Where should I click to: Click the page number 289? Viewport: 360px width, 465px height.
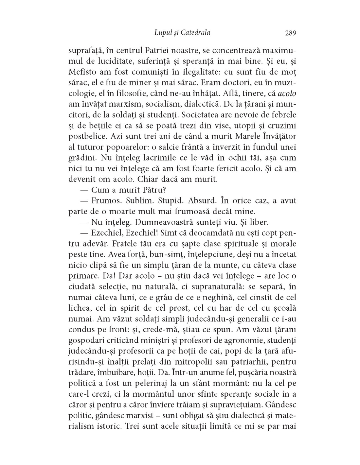click(290, 33)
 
